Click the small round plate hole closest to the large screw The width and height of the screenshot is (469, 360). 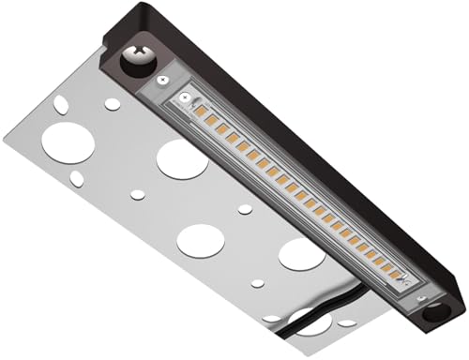coord(112,103)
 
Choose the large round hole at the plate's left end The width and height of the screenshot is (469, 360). coord(67,142)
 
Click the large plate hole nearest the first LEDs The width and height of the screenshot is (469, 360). coord(182,158)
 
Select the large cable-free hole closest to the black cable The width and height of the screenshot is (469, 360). coord(301,254)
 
